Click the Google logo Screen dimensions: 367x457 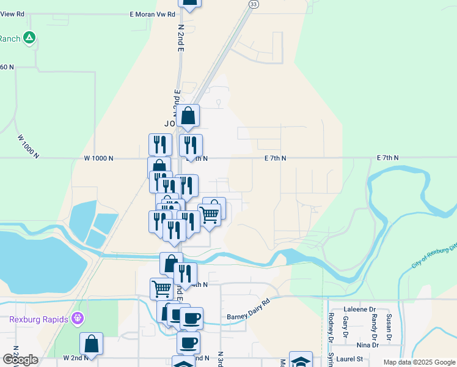[x=20, y=360]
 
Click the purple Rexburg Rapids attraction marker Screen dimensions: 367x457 [x=77, y=318]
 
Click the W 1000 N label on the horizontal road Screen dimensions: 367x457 [x=98, y=158]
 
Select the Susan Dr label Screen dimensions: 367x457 [x=389, y=328]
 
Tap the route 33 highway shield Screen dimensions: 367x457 [x=253, y=4]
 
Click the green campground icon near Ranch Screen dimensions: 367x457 [x=29, y=39]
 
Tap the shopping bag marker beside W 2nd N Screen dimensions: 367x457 [x=91, y=344]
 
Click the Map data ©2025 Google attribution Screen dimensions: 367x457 [x=419, y=362]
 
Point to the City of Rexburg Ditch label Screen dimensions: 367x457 [x=434, y=255]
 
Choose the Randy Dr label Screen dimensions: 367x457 [x=374, y=326]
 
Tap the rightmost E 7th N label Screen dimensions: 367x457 [x=387, y=158]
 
